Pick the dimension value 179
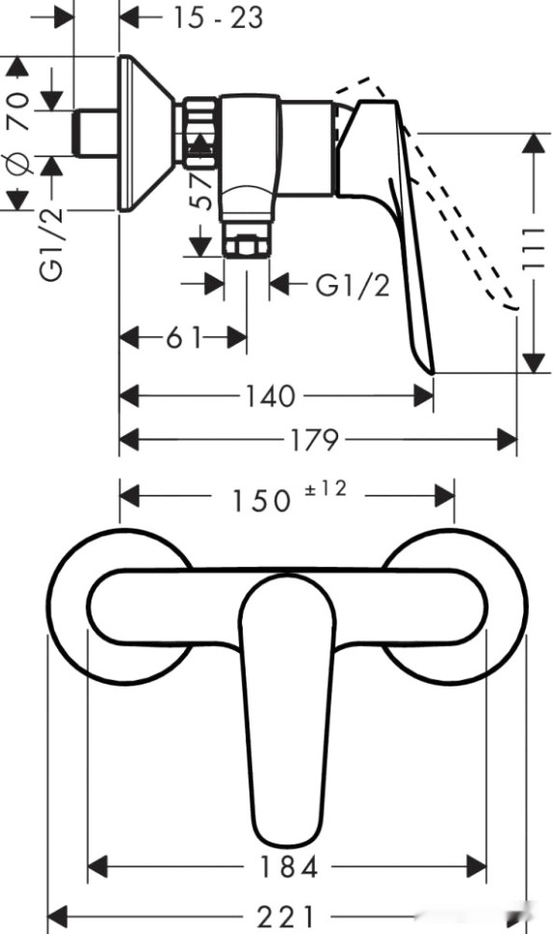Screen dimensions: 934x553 (316, 441)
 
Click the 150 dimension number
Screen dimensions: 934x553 (260, 500)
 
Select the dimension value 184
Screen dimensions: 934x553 (289, 867)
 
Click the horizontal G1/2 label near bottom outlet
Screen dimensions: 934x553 (353, 285)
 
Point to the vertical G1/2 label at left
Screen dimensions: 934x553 (52, 246)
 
